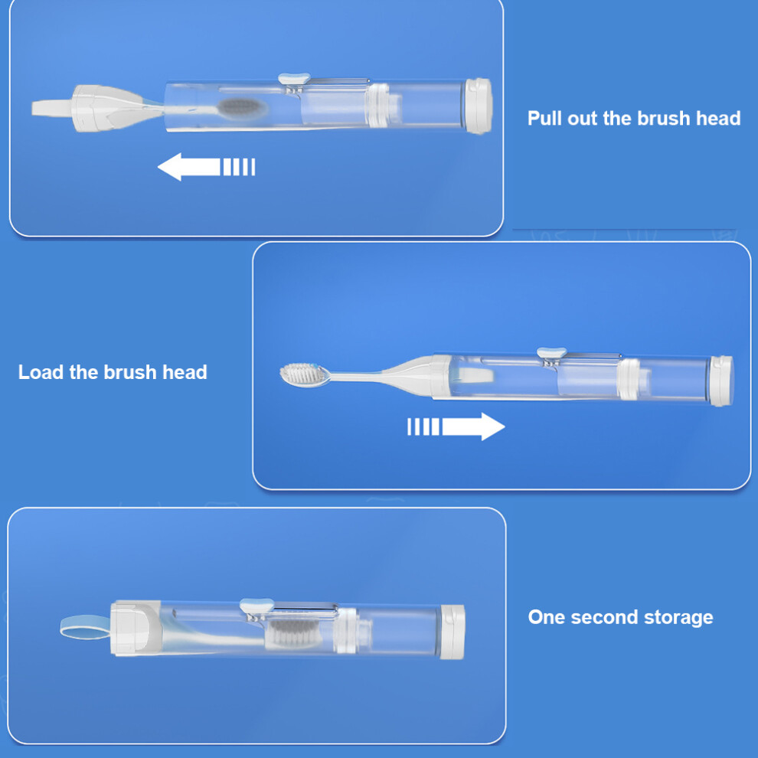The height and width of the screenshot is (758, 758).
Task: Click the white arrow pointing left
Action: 206,167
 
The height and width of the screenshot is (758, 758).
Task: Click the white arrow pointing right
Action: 456,426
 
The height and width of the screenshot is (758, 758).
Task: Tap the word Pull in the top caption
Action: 544,118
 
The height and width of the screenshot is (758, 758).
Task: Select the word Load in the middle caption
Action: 41,372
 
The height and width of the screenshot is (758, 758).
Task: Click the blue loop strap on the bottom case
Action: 85,626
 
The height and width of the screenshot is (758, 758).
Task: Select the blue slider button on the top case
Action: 294,79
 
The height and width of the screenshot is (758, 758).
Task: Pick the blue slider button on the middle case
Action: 551,352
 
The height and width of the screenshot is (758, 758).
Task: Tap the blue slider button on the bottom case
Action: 256,605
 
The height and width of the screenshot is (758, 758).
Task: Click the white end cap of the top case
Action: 479,106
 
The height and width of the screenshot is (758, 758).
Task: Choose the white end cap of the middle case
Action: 721,381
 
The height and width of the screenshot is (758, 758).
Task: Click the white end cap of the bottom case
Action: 453,632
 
